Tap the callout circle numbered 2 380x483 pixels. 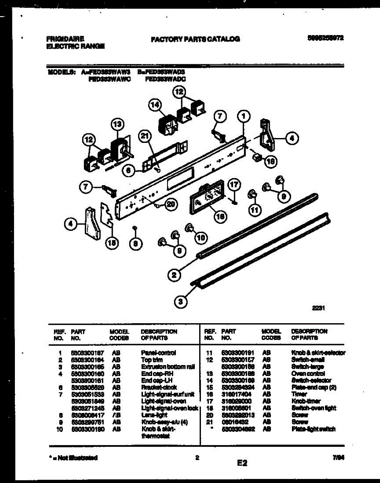point(174,275)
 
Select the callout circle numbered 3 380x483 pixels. point(181,301)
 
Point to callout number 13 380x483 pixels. point(116,124)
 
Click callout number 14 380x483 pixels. point(154,105)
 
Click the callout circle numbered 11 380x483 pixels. point(254,209)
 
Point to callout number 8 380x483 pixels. point(135,243)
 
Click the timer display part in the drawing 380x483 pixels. point(208,199)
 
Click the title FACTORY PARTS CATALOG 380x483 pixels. point(195,39)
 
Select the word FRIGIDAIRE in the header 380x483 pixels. point(65,39)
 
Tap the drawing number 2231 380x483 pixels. point(318,309)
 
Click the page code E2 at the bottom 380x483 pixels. point(242,463)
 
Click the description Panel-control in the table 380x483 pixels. point(158,353)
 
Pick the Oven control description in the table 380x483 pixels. point(305,374)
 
